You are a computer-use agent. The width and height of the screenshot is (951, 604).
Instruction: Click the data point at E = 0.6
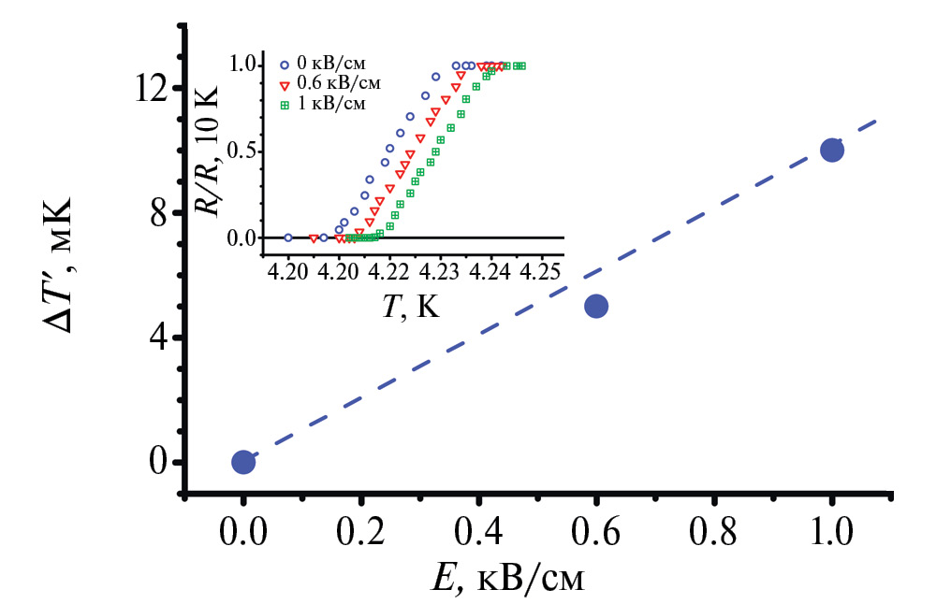[596, 306]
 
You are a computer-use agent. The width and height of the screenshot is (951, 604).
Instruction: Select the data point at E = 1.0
[831, 150]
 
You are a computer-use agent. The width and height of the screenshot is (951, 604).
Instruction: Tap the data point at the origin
[243, 462]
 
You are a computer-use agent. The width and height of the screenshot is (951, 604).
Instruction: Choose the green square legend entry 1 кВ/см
[333, 103]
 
